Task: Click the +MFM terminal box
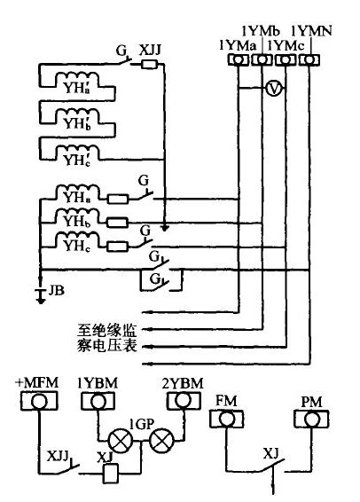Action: click(x=36, y=401)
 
